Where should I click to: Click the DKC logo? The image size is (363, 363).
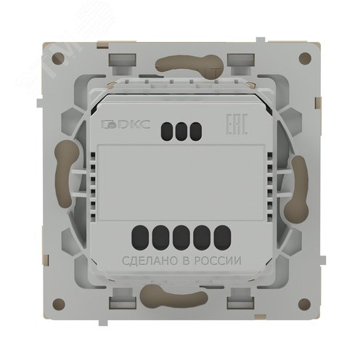126,124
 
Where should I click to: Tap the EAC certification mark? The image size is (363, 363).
237,123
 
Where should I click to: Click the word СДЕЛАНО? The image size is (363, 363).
150,261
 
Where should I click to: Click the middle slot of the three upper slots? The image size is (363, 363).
181,131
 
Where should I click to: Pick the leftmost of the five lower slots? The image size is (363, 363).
140,237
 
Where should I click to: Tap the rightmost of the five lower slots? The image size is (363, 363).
222,237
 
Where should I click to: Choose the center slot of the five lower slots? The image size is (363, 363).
181,237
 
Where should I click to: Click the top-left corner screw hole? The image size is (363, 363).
58,59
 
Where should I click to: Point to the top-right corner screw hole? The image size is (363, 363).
305,58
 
